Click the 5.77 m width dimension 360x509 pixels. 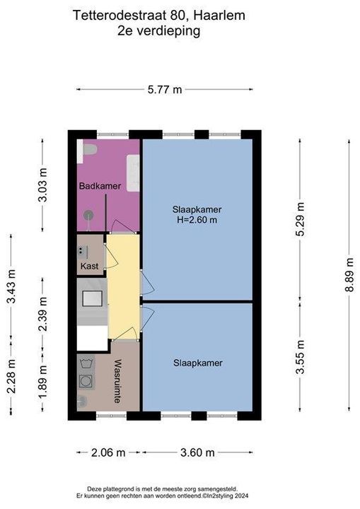coord(165,89)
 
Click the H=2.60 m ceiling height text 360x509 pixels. coord(197,220)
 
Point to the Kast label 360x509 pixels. coord(89,267)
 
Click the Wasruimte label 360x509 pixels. coord(117,381)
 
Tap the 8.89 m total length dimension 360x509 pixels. coord(349,274)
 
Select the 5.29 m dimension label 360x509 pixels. coord(300,219)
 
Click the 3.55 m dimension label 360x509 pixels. coord(300,357)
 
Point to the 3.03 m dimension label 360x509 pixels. coord(42,185)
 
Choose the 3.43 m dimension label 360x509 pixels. coord(11,286)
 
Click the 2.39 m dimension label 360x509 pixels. coord(42,314)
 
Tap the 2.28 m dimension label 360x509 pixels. coord(11,376)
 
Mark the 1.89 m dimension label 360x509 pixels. coord(42,381)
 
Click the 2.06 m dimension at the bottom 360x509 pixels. coord(108,452)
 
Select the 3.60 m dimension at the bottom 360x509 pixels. coord(197,452)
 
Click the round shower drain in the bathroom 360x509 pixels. coord(88,215)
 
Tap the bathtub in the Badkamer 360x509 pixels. coord(133,173)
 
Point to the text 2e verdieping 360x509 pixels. coord(159,32)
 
